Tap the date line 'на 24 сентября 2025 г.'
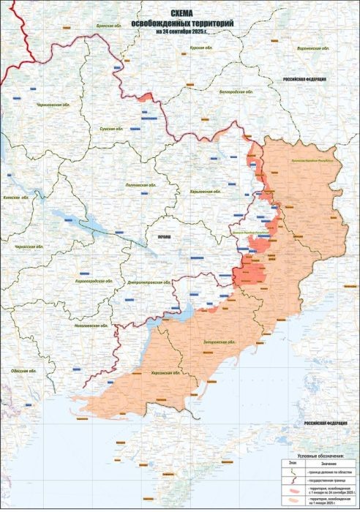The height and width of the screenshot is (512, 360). pos(181,31)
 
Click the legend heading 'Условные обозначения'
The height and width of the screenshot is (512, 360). pos(316,455)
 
